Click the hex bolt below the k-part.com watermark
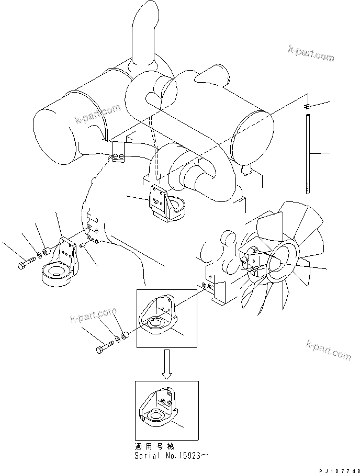[x=105, y=347]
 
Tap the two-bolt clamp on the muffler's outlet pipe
[x=119, y=154]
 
